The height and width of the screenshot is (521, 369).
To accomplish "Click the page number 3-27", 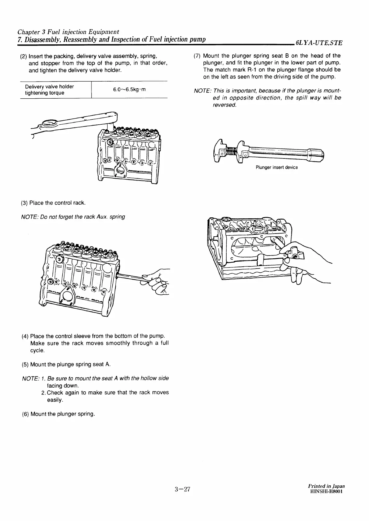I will pyautogui.click(x=182, y=498).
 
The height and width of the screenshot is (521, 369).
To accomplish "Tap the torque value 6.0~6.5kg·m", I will pyautogui.click(x=129, y=90).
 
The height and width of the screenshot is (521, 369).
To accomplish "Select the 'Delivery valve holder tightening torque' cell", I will pyautogui.click(x=49, y=90).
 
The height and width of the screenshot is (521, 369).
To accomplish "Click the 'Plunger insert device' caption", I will pyautogui.click(x=277, y=167).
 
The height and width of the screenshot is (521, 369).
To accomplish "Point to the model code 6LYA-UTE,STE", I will pyautogui.click(x=319, y=43).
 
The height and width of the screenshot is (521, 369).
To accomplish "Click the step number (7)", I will pyautogui.click(x=197, y=56).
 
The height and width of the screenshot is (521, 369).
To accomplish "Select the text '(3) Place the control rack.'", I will pyautogui.click(x=53, y=203).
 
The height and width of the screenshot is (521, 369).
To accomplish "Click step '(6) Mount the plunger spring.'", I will pyautogui.click(x=58, y=414).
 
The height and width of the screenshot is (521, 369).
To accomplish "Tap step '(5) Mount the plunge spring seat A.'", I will pyautogui.click(x=66, y=364).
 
